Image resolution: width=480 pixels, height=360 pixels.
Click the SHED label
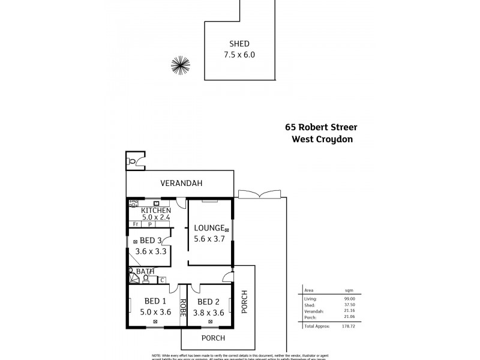coord(239,44)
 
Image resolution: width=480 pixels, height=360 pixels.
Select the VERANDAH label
coord(181,183)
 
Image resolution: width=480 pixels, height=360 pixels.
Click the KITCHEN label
coord(156,211)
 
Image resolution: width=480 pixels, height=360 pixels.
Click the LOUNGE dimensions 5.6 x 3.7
coord(208,239)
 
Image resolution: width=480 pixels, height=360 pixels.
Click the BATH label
coord(145,272)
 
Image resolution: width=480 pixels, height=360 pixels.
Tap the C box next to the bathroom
coord(161,280)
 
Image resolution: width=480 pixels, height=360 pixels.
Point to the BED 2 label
coord(209,301)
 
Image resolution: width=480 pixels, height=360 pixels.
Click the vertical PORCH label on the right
coord(244,302)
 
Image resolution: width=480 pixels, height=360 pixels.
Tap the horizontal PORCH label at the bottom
coord(213,338)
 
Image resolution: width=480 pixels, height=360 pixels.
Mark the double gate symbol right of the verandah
coord(259,194)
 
